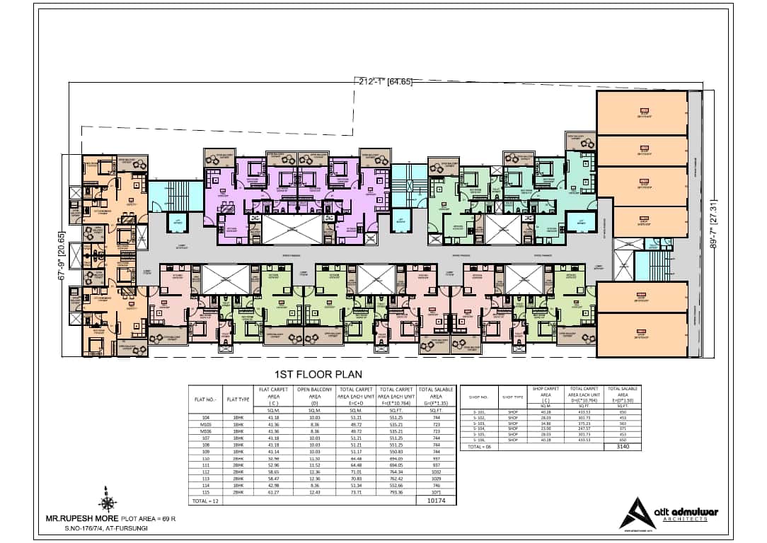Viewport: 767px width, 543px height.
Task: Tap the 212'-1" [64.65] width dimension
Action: coord(383,81)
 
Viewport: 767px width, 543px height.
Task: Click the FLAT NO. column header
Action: coord(204,399)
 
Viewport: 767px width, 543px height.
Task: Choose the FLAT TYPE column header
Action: coord(238,399)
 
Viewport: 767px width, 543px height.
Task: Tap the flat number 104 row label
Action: coord(204,418)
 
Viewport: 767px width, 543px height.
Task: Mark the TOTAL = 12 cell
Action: coord(204,501)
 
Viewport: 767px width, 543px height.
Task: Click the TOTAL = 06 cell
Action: coord(478,447)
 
